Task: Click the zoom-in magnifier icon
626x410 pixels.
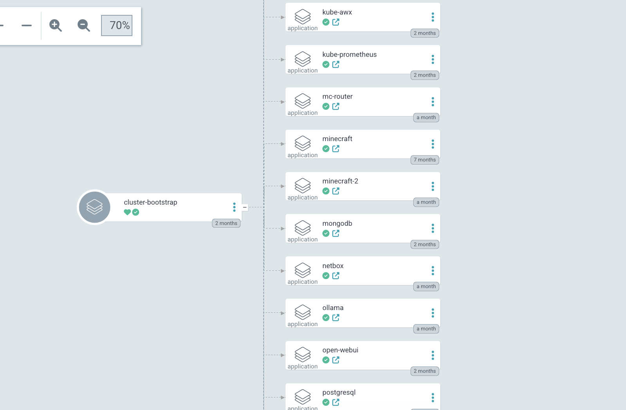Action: [x=55, y=25]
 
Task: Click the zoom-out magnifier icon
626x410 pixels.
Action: [x=83, y=25]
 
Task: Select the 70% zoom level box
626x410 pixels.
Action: [x=117, y=25]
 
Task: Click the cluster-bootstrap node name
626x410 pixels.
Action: [x=150, y=202]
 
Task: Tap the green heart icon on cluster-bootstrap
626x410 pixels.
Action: [x=127, y=212]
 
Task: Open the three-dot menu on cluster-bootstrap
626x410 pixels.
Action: [x=234, y=207]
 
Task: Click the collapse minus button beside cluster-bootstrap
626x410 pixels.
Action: [x=245, y=207]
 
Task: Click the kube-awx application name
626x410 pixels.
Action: [x=337, y=12]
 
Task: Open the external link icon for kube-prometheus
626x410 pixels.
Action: [x=336, y=64]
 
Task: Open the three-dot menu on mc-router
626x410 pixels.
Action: [x=432, y=102]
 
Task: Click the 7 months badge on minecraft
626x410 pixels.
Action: [x=425, y=160]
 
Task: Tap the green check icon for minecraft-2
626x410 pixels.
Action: [x=326, y=191]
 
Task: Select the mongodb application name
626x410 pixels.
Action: [x=337, y=223]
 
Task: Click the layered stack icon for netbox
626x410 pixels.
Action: [x=303, y=270]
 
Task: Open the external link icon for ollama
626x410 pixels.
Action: [x=336, y=318]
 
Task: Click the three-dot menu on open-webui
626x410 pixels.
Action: [x=432, y=355]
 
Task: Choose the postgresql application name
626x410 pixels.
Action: [x=339, y=393]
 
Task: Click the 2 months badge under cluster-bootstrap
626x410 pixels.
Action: [x=226, y=223]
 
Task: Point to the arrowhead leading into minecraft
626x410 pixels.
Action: [x=282, y=144]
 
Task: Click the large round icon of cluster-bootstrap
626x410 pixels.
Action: [x=94, y=207]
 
